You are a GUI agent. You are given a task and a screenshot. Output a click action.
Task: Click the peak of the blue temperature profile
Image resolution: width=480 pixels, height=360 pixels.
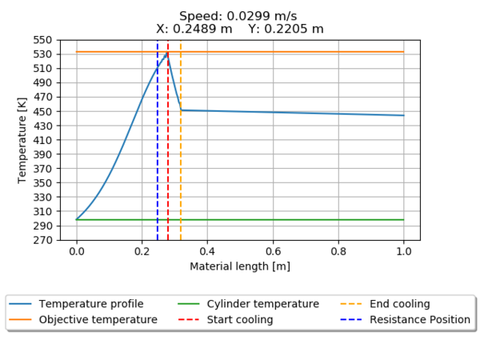tap(167, 53)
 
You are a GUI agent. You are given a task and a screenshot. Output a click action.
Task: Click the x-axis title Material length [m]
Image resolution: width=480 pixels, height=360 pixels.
tap(240, 266)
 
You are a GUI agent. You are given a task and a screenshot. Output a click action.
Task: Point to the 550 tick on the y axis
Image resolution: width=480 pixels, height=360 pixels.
tap(42, 40)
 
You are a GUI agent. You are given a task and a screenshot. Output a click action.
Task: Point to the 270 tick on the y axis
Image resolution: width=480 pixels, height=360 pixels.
tap(42, 240)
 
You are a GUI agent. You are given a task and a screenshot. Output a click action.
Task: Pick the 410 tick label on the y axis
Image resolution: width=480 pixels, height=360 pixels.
tap(42, 140)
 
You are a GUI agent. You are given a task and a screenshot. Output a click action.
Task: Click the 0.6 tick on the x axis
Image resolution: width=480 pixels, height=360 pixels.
tap(273, 250)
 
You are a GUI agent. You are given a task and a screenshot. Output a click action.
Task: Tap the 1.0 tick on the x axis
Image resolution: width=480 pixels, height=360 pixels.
tap(404, 250)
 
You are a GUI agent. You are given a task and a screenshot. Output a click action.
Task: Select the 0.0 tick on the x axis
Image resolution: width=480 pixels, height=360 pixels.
tap(77, 250)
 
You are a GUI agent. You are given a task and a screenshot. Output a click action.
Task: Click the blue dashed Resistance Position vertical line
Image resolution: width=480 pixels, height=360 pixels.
tap(158, 160)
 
